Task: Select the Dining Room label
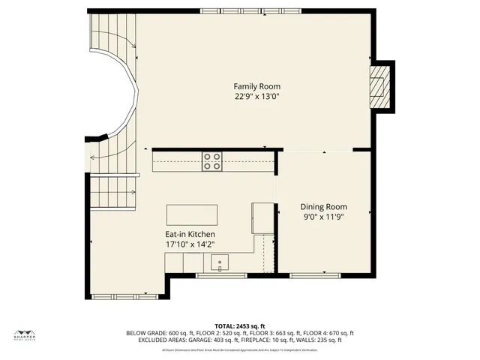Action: pyautogui.click(x=323, y=207)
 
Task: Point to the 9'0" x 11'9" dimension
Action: pyautogui.click(x=323, y=217)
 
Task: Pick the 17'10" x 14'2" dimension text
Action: pyautogui.click(x=191, y=244)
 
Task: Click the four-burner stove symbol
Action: pyautogui.click(x=212, y=161)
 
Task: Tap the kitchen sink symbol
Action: pyautogui.click(x=219, y=262)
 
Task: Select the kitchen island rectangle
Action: pyautogui.click(x=191, y=214)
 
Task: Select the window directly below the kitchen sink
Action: pyautogui.click(x=221, y=275)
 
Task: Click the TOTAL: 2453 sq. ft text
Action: pyautogui.click(x=240, y=325)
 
